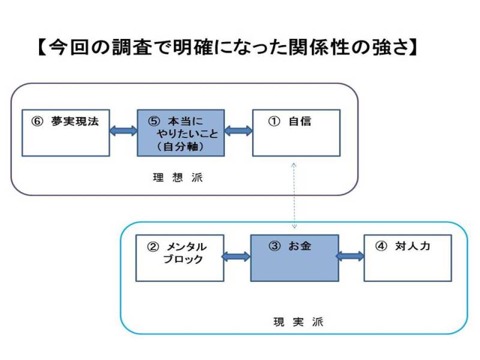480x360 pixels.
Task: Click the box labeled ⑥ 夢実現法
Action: [65, 133]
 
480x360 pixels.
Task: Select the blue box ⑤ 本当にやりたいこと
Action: [181, 133]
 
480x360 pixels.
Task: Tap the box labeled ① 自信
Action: [296, 133]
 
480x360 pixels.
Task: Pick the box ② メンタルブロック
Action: [179, 258]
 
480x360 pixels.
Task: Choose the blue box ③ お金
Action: [293, 258]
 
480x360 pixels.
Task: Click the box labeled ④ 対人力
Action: [408, 258]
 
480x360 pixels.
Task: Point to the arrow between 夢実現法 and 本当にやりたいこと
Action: [124, 131]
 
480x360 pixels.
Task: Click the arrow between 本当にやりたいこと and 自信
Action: [238, 131]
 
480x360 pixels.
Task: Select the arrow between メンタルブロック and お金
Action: [236, 257]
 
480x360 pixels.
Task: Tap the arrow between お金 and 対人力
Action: [350, 256]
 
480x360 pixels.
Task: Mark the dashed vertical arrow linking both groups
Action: [294, 195]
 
